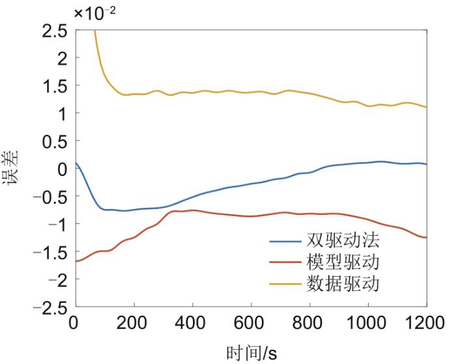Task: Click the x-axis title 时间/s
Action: click(x=251, y=354)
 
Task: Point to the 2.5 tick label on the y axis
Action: click(x=53, y=31)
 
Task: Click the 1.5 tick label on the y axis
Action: click(x=53, y=86)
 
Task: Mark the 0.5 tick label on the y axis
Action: click(x=53, y=141)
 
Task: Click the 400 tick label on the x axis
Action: click(x=193, y=323)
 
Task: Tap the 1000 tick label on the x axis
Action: click(x=368, y=323)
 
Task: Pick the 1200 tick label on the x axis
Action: click(x=426, y=323)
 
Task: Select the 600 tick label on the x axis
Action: click(x=251, y=323)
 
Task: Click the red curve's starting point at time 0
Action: click(x=77, y=261)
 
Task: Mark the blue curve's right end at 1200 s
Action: click(x=426, y=164)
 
